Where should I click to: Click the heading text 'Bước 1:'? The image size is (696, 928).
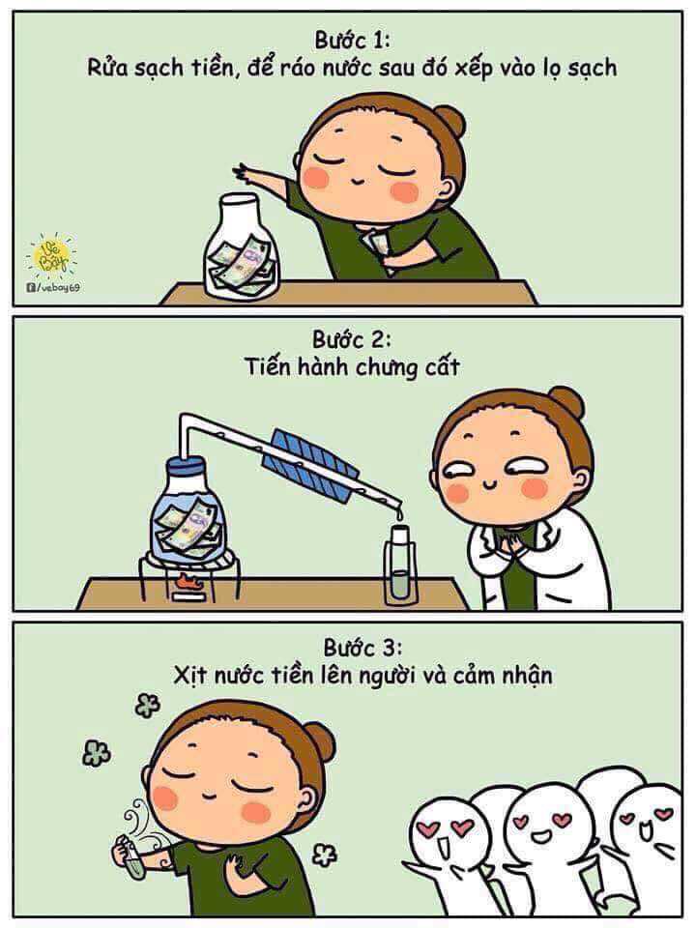[x=353, y=41]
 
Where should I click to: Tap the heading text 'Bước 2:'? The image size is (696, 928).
[x=352, y=339]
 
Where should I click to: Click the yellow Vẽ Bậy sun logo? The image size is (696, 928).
[x=51, y=255]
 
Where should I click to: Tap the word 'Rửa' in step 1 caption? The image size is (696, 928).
[x=106, y=67]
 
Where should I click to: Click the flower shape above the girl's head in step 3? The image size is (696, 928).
[x=147, y=705]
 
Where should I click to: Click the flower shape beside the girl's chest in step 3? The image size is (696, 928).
[x=325, y=854]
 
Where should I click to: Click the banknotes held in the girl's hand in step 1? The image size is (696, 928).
[x=376, y=246]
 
